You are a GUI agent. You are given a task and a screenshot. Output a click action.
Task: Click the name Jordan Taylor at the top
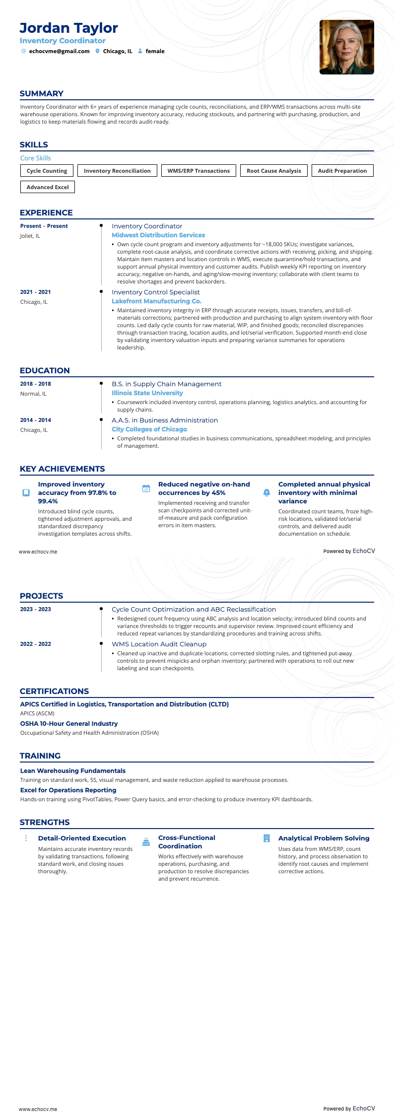pyautogui.click(x=68, y=28)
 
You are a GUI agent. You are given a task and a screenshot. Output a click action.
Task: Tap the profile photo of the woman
pyautogui.click(x=346, y=47)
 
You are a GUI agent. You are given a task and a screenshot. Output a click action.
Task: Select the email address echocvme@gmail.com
pyautogui.click(x=59, y=51)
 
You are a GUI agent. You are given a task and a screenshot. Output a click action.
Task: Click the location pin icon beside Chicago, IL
pyautogui.click(x=98, y=51)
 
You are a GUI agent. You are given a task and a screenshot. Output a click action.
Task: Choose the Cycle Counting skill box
pyautogui.click(x=47, y=171)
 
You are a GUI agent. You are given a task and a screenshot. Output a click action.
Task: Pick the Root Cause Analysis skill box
pyautogui.click(x=273, y=171)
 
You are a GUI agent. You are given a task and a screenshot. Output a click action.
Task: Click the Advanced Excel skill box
pyautogui.click(x=48, y=187)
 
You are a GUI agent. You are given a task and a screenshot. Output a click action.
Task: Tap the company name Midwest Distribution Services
pyautogui.click(x=158, y=235)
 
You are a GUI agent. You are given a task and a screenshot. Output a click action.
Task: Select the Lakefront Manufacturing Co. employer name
pyautogui.click(x=156, y=301)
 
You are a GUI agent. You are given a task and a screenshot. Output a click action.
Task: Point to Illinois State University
pyautogui.click(x=147, y=393)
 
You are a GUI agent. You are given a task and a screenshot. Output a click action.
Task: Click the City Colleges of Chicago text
pyautogui.click(x=149, y=429)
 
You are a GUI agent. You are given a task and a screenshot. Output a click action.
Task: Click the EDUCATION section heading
pyautogui.click(x=45, y=371)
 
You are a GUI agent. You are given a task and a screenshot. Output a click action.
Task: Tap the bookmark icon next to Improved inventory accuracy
pyautogui.click(x=26, y=493)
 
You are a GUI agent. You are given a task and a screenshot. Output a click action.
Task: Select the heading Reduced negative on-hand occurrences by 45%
pyautogui.click(x=203, y=488)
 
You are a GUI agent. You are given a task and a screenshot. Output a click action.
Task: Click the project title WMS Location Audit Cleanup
pyautogui.click(x=159, y=644)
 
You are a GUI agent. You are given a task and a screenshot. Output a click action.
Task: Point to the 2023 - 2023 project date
pyautogui.click(x=36, y=610)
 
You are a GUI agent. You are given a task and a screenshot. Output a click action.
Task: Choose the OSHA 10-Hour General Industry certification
pyautogui.click(x=69, y=724)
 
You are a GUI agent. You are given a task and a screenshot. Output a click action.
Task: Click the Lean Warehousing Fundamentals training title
pyautogui.click(x=72, y=771)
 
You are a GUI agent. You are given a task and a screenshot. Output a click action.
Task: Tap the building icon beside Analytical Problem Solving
pyautogui.click(x=266, y=838)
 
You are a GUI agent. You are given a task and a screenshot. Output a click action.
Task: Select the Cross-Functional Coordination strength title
pyautogui.click(x=187, y=842)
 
